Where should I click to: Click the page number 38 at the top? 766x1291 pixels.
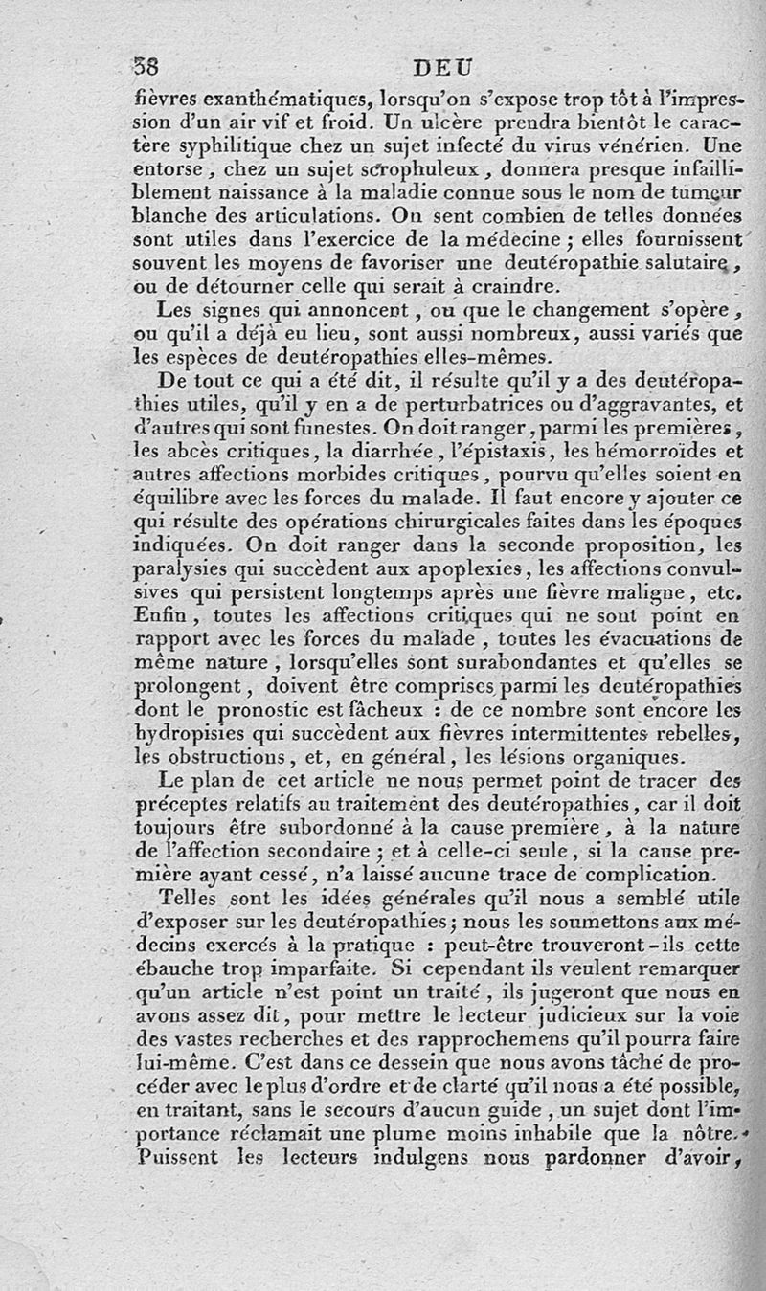coord(146,68)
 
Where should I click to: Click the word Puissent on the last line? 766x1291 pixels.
coord(179,1157)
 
